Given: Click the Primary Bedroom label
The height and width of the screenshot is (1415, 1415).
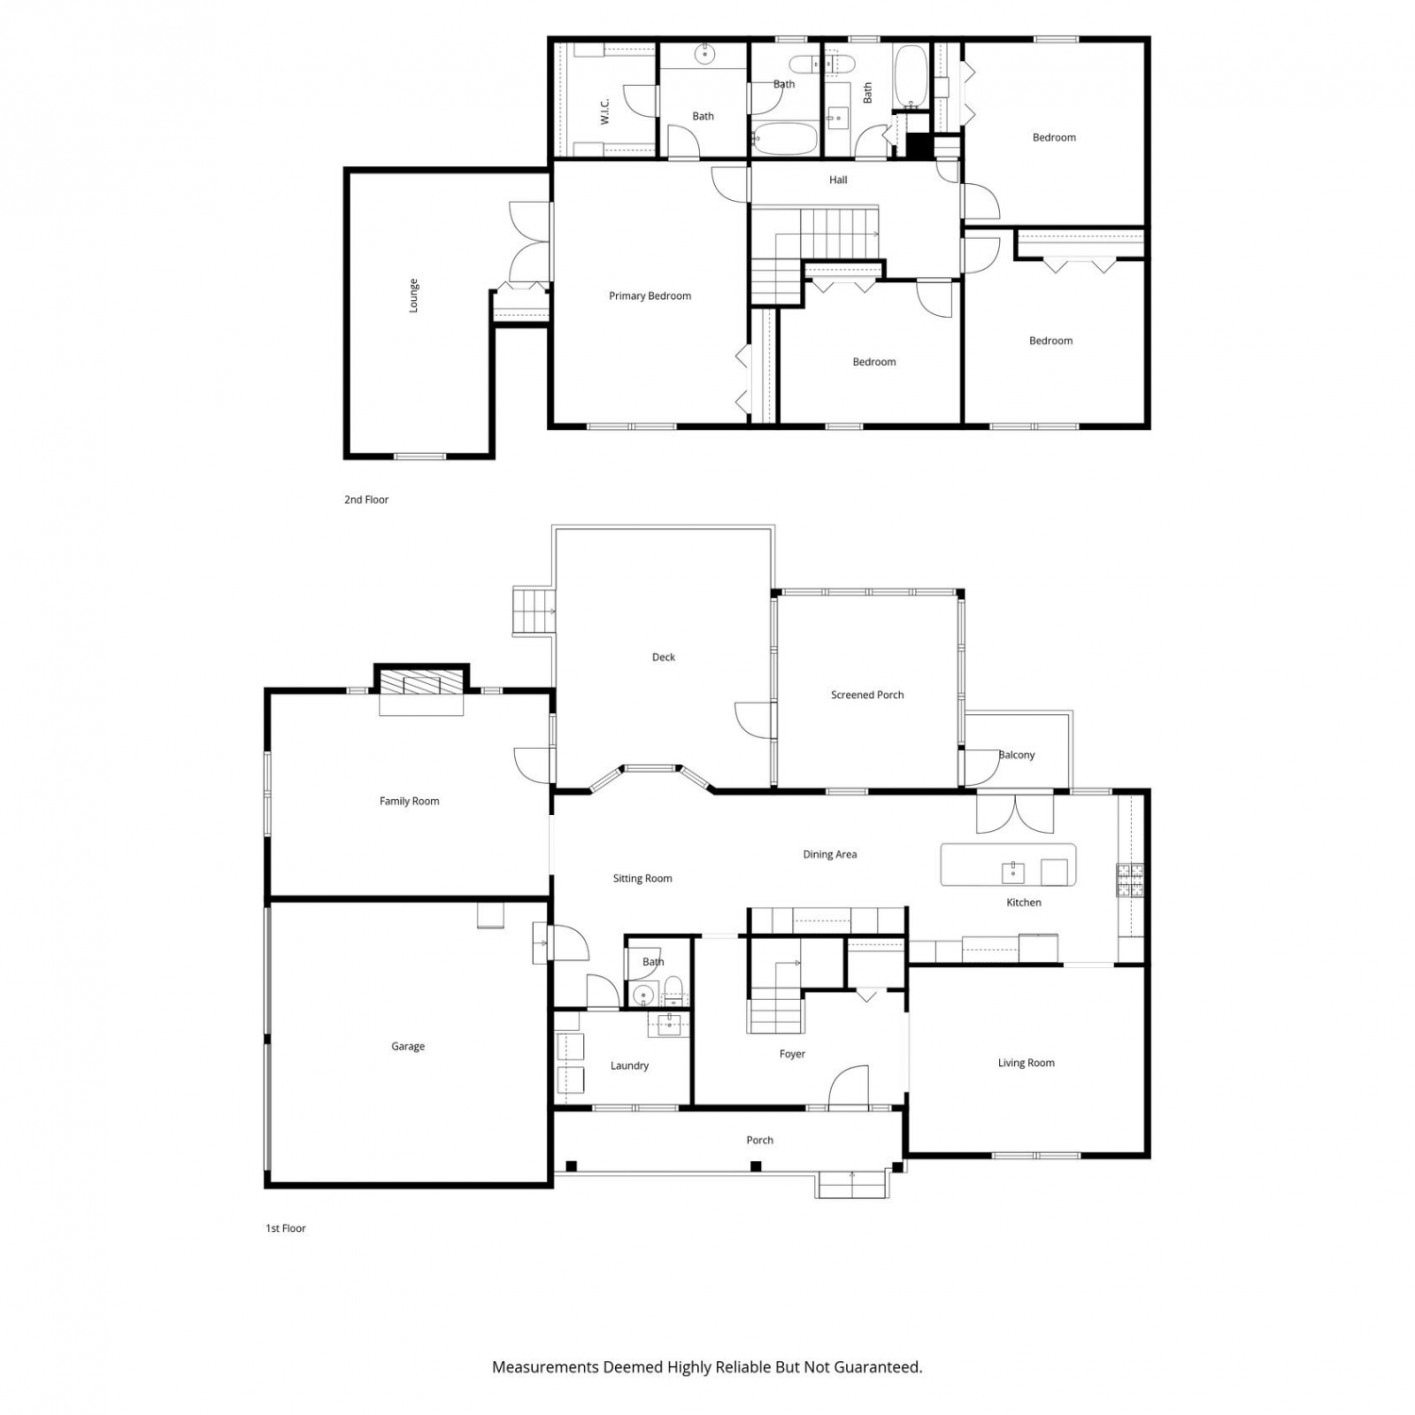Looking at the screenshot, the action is [x=650, y=296].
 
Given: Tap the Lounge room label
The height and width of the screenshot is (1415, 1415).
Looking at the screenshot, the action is [x=413, y=295].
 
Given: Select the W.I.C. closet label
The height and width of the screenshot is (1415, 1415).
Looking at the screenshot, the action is [x=605, y=111].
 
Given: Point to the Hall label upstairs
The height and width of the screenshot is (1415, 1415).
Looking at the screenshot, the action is [x=839, y=180].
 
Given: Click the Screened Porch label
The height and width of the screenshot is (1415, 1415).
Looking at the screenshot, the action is [x=867, y=695].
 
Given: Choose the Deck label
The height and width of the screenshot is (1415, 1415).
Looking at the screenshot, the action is [x=663, y=658].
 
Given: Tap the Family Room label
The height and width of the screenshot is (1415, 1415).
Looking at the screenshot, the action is [x=409, y=802].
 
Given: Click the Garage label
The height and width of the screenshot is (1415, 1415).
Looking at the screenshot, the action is [x=408, y=1046].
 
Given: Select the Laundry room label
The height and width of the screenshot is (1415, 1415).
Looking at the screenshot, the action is [x=629, y=1066].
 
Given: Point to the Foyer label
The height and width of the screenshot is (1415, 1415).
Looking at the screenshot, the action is [x=792, y=1055].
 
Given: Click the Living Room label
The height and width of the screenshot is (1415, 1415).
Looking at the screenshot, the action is [x=1026, y=1063].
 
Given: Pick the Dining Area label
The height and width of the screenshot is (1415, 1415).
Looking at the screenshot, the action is [x=830, y=855].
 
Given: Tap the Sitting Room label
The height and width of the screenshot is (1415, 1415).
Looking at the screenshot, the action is [x=642, y=878].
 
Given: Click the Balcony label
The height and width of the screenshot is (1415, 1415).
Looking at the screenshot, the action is [x=1017, y=755].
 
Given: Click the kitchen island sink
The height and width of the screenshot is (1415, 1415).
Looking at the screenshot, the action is [x=1013, y=872].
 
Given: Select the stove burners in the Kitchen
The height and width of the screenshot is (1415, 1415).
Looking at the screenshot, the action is [x=1130, y=879].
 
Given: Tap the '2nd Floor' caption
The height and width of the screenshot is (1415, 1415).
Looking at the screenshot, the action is [x=366, y=500].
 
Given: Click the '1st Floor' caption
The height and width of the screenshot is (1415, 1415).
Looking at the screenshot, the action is [x=286, y=1228].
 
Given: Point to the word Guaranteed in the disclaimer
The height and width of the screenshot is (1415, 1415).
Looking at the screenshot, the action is [x=876, y=1366].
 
